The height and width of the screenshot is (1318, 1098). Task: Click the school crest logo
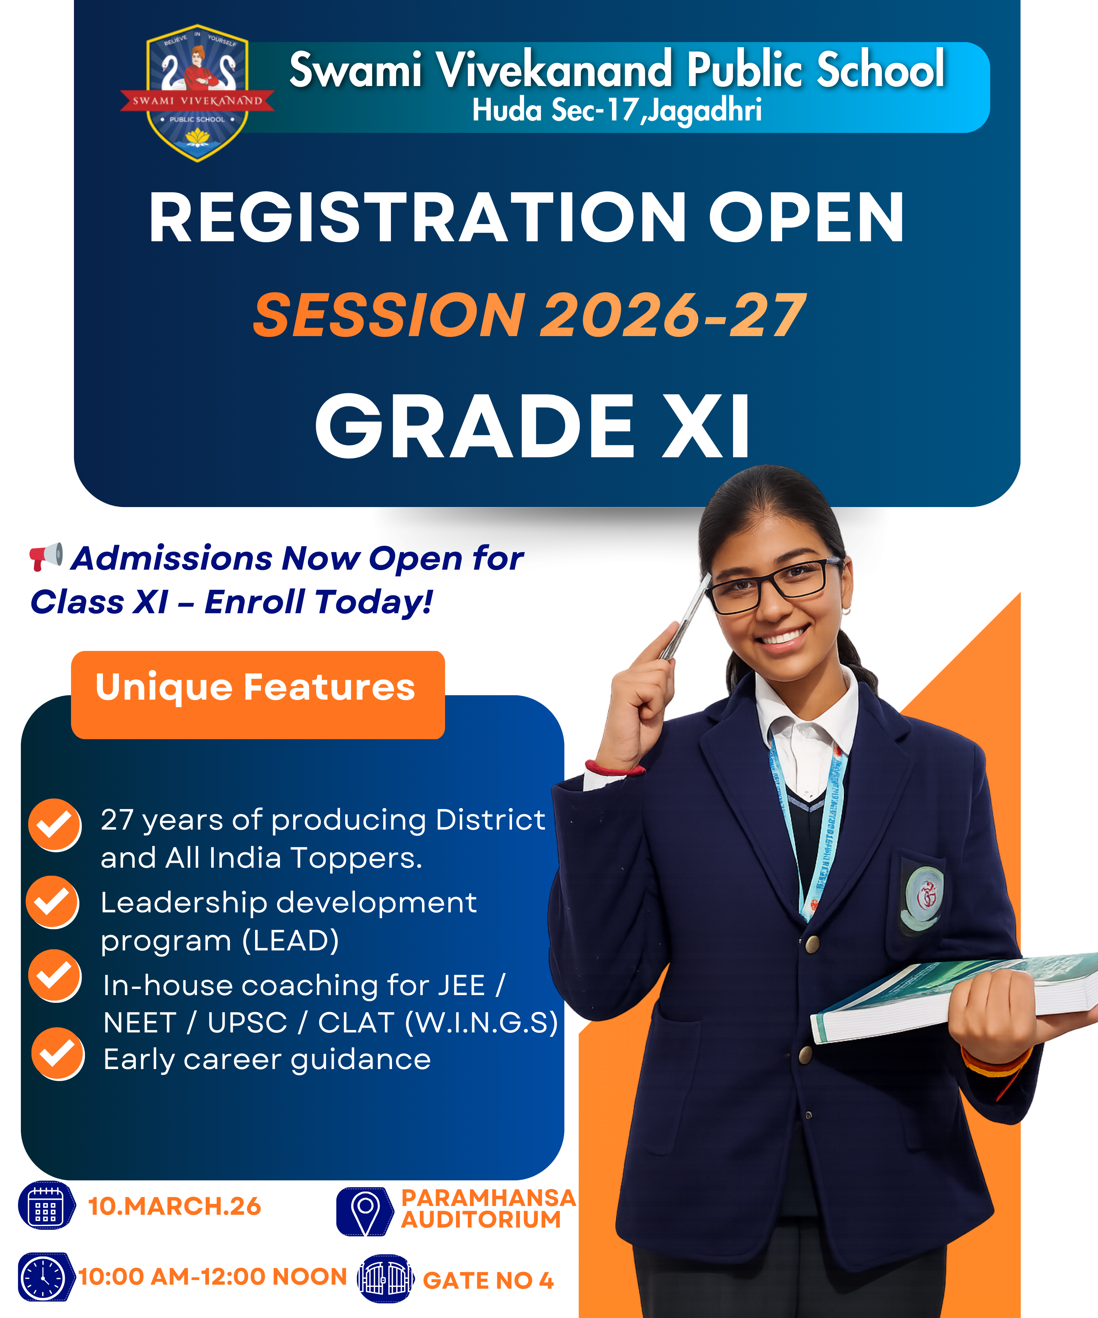[197, 93]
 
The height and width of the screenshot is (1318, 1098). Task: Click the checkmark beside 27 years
[55, 825]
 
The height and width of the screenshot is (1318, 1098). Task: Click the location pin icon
[365, 1212]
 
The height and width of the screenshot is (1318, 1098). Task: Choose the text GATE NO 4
[488, 1280]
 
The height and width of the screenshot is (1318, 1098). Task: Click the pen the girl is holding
[684, 619]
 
